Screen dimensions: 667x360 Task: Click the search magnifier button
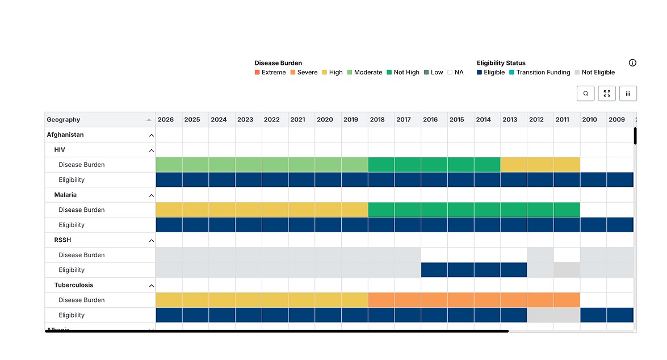click(x=585, y=94)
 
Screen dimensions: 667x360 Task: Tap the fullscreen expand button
click(x=607, y=94)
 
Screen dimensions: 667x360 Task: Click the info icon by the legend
click(x=632, y=63)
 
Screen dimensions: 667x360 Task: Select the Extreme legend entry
click(x=270, y=72)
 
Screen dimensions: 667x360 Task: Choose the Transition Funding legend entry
click(x=540, y=72)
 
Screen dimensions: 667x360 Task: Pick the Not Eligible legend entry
click(x=595, y=72)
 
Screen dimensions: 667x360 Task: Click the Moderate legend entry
click(x=364, y=72)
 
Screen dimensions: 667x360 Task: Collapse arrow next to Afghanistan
click(x=151, y=135)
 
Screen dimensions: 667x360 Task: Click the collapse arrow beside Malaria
click(x=151, y=195)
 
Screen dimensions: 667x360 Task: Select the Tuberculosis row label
click(x=74, y=285)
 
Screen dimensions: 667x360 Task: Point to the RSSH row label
click(x=62, y=240)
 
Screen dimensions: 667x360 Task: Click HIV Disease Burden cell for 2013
click(x=514, y=165)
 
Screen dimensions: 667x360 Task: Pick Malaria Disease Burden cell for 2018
click(x=381, y=210)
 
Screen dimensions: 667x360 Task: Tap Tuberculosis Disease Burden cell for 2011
click(x=567, y=300)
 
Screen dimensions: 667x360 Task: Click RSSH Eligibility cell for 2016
click(x=434, y=270)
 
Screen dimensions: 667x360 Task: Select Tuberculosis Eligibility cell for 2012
click(x=540, y=315)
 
